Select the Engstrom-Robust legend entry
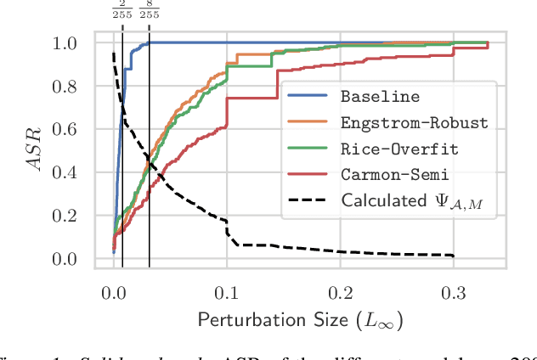pos(415,123)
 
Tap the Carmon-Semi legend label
pos(395,175)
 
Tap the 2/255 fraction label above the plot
pos(122,12)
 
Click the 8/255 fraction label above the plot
pos(149,12)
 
